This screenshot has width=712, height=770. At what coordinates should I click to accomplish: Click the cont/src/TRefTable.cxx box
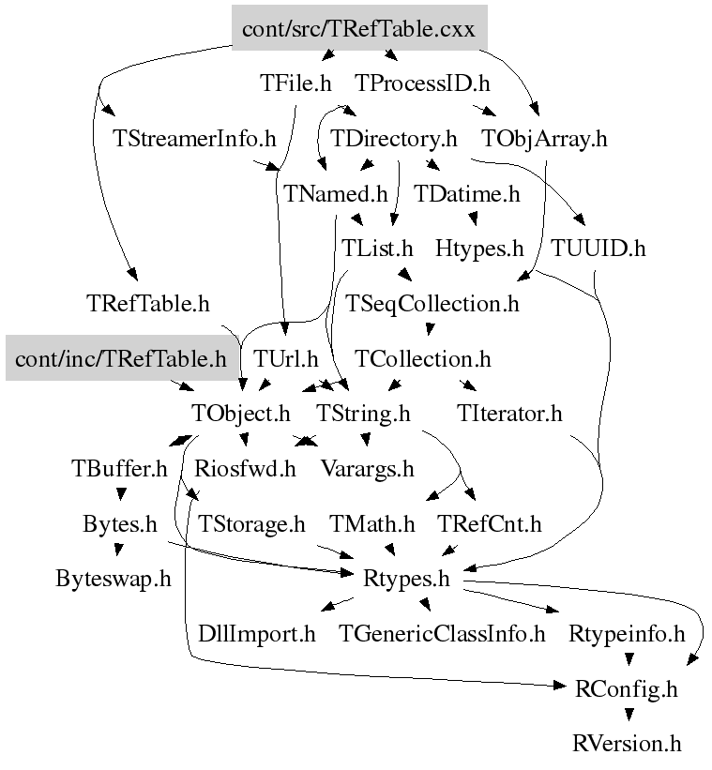358,29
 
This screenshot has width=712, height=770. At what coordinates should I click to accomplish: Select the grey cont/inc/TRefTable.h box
120,358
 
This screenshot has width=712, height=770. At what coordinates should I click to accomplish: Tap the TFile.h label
295,83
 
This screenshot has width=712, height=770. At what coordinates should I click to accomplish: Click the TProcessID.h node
423,83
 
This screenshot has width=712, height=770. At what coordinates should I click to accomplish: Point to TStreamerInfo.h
194,139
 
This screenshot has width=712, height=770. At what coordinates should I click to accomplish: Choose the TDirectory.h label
394,139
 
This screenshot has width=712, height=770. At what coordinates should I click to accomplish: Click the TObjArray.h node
544,139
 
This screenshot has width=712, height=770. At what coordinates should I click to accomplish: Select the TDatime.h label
467,194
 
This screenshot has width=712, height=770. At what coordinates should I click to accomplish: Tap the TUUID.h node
598,249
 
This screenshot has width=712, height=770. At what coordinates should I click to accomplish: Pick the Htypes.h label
479,249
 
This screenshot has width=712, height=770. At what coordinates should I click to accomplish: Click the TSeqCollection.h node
432,304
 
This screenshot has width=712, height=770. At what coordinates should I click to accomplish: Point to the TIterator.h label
509,413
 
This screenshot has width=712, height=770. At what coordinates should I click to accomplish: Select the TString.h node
363,413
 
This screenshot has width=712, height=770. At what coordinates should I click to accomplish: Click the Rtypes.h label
406,579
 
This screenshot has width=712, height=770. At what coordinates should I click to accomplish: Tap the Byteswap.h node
114,578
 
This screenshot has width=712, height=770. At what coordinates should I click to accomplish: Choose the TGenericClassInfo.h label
442,634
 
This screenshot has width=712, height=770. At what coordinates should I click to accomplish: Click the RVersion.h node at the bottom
627,744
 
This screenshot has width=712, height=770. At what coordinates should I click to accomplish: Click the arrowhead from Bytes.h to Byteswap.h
117,552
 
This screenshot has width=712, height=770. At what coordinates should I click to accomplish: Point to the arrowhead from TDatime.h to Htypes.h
475,222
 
